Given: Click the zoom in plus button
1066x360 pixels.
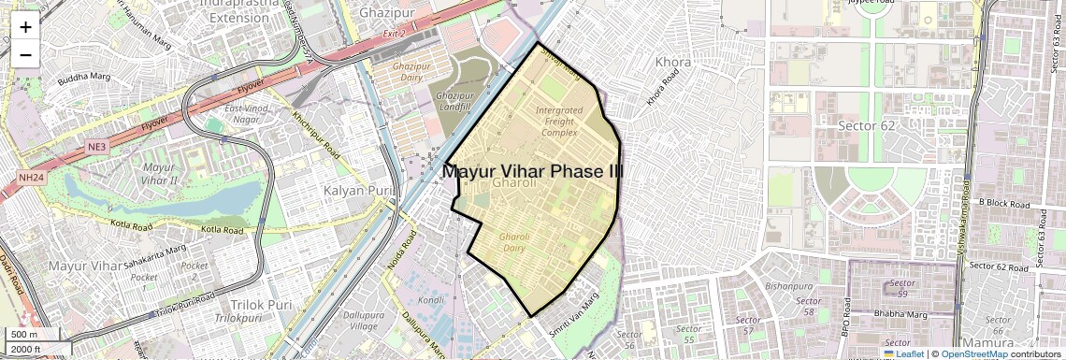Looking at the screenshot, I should (25, 27).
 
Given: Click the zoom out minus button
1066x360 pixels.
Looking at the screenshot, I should (25, 54).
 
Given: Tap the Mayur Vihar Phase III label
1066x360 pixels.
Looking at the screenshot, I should (532, 172).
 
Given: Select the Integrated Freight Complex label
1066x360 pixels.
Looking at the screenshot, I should (558, 121).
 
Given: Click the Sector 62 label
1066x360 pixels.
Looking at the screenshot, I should (870, 126).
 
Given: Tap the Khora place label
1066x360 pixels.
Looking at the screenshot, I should (673, 63).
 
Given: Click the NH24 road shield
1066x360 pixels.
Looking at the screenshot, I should (31, 178).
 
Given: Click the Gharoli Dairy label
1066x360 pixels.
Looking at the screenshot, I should (514, 242).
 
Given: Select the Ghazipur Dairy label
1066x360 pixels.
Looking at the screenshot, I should (409, 73).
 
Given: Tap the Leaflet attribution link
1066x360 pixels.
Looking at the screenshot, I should (903, 353).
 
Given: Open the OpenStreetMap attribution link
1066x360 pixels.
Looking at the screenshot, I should (973, 353).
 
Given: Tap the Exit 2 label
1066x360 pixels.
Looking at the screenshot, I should (395, 34).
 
